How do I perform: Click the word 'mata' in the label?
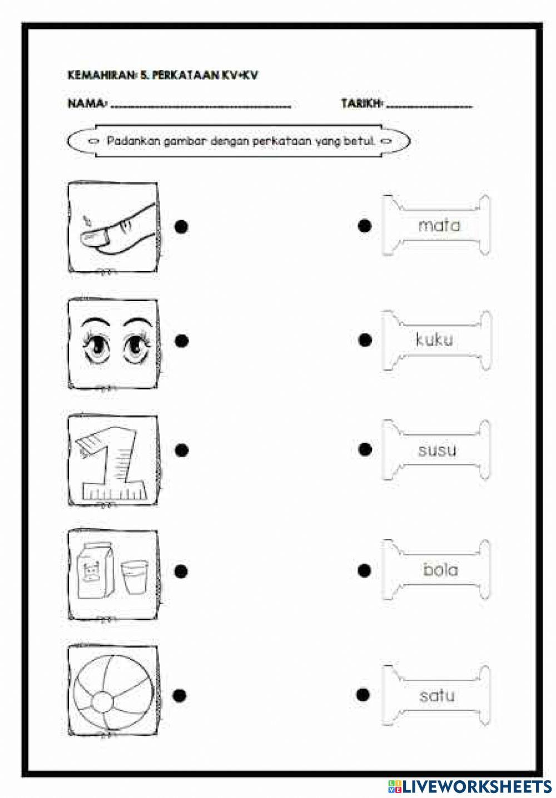coord(439,225)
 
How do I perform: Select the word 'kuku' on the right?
coord(434,339)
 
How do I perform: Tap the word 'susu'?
coord(437,450)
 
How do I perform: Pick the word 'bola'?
coord(440,569)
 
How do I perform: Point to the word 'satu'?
coord(437,695)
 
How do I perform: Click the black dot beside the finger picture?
coord(181,226)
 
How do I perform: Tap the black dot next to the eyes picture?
coord(181,340)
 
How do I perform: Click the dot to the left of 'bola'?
coord(364,570)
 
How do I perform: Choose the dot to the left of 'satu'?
coord(363,694)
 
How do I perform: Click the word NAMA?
coord(87,103)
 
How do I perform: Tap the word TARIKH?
coord(361,103)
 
